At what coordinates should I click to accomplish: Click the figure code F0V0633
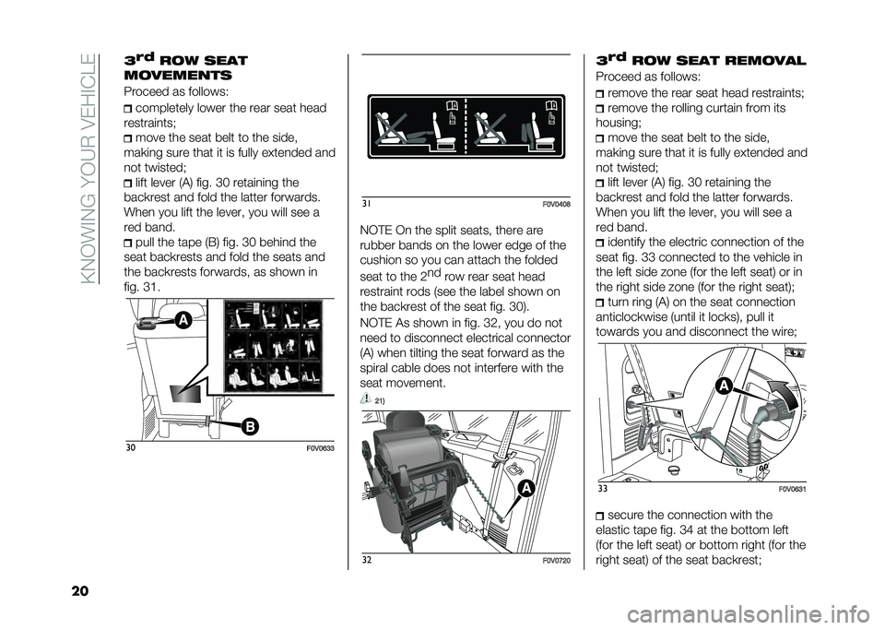(315, 446)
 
